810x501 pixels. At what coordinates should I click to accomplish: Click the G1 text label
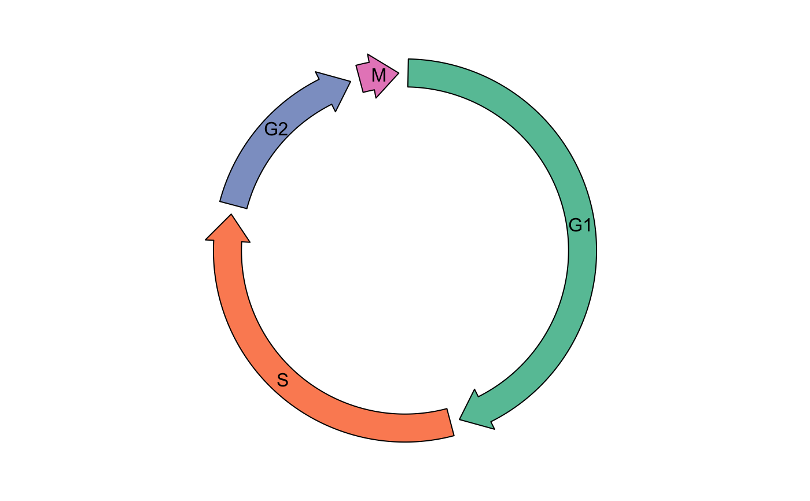[x=580, y=225]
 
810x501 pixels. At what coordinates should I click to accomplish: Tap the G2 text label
[x=276, y=129]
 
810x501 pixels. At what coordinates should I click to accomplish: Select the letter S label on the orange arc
[x=282, y=380]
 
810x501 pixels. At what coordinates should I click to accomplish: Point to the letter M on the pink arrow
[x=378, y=75]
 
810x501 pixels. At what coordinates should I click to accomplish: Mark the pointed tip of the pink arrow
[x=396, y=73]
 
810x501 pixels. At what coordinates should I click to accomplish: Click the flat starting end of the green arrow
[x=410, y=73]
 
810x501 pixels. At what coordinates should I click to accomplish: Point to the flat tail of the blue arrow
[x=234, y=204]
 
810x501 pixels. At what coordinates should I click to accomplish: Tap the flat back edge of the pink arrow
[x=361, y=78]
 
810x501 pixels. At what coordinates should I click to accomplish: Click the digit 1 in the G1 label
[x=587, y=225]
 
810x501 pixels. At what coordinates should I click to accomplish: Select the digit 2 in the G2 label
[x=282, y=129]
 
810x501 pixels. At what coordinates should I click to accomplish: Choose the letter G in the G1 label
[x=575, y=225]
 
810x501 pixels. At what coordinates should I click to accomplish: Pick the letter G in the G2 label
[x=271, y=129]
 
